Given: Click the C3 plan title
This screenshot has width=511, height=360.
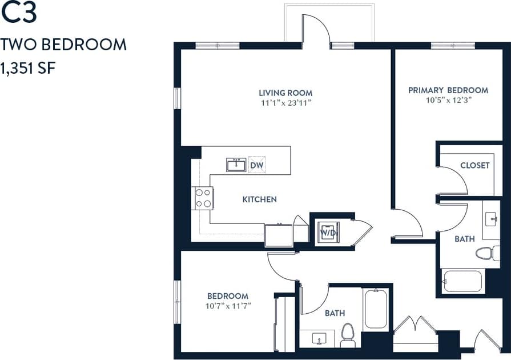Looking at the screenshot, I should tap(19, 13).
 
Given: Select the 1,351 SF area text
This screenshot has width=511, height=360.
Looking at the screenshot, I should tap(28, 69).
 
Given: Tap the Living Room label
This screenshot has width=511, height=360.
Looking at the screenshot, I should tap(285, 93).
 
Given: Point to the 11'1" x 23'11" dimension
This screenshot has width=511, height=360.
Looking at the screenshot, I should tap(285, 103).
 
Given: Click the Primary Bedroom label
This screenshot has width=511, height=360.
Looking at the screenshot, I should tap(448, 90).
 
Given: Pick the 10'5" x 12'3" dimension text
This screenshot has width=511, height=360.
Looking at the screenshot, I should tap(448, 100).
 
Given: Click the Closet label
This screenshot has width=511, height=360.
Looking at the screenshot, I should tap(475, 165).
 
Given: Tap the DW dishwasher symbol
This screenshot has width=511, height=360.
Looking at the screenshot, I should tap(257, 165).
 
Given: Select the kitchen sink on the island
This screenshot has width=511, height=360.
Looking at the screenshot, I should tap(236, 165).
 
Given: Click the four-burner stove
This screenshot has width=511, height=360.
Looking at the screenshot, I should tap(203, 198).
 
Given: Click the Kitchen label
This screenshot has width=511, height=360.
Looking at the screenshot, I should tap(260, 199).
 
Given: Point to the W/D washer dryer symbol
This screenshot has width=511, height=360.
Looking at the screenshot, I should tap(328, 232).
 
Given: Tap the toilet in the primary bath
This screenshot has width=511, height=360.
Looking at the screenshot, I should tap(488, 253).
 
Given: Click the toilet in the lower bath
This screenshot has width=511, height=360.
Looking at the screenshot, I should tap(348, 335).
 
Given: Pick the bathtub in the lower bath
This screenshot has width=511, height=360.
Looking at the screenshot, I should tap(376, 309).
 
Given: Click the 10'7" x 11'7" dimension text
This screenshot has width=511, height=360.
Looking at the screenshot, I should tap(227, 306).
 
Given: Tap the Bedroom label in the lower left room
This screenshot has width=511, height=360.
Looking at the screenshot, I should tap(227, 295).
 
